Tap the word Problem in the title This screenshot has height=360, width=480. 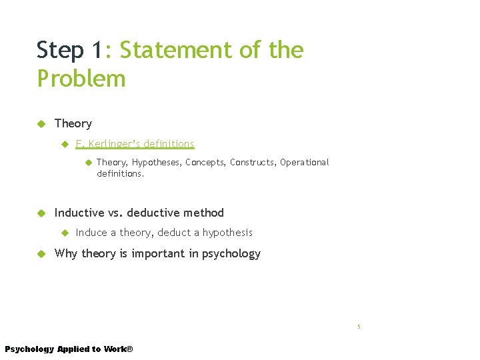81,79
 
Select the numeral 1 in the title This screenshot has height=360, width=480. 97,50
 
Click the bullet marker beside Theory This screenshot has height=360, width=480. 41,123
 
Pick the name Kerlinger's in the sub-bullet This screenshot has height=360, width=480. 115,144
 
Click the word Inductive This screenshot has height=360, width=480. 79,213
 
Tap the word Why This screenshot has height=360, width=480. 66,253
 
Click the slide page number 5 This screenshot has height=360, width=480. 359,327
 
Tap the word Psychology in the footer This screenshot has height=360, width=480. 29,349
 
